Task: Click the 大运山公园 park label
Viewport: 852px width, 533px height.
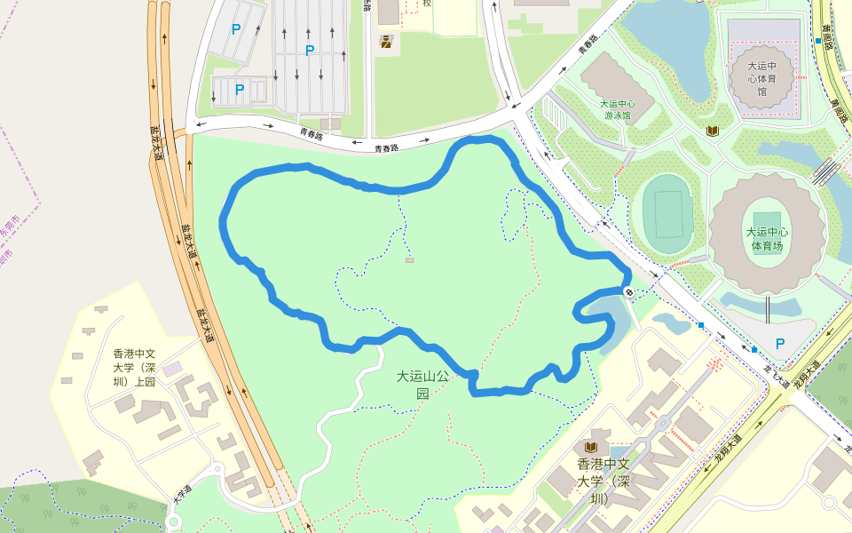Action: point(423,384)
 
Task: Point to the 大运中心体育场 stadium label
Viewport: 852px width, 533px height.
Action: point(768,239)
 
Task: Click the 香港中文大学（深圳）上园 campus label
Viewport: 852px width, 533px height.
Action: point(134,368)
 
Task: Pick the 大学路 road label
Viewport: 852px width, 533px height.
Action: point(183,493)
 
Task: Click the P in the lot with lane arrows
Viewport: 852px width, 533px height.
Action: point(310,51)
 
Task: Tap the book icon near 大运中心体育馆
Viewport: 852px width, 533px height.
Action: point(712,131)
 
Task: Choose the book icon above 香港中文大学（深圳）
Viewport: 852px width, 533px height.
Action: point(591,446)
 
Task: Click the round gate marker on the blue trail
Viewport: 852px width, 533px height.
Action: point(629,291)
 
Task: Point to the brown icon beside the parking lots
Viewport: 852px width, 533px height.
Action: point(386,41)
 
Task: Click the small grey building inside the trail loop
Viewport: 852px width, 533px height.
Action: point(409,260)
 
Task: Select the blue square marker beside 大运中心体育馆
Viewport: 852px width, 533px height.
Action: point(817,41)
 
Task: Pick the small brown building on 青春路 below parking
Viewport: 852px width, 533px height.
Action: point(330,123)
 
